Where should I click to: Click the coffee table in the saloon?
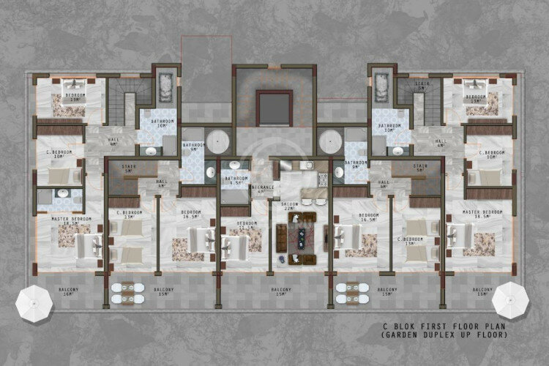click(x=300, y=237)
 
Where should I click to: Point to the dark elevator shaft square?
click(x=274, y=108)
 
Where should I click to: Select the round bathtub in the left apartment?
click(x=217, y=141)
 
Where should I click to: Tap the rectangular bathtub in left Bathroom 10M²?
click(x=165, y=86)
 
